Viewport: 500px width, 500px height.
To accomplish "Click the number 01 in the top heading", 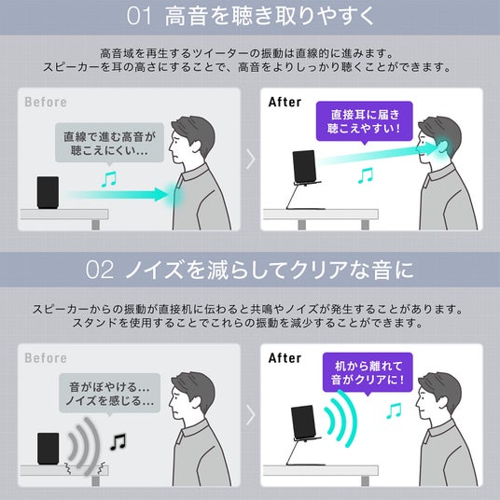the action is point(139,16).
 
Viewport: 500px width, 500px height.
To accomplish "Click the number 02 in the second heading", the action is point(99,270).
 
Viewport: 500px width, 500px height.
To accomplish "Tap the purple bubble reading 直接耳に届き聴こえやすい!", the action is point(365,121).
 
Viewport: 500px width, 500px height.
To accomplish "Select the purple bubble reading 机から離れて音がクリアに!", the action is point(368,373).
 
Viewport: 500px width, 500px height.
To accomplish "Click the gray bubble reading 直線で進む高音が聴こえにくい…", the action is point(109,144).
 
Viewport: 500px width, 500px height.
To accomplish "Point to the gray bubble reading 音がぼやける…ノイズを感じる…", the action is point(109,394).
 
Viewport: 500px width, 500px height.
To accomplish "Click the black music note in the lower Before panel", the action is point(118,441).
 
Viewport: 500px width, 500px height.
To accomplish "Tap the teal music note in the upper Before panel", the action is point(109,179).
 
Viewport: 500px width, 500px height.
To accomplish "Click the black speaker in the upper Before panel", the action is point(48,192).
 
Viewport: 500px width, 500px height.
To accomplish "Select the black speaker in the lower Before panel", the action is point(49,449).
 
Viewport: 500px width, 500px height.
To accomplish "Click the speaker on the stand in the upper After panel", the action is point(304,167).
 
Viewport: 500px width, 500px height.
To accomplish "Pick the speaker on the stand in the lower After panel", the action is point(303,423).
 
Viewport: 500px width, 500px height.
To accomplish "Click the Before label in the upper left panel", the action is point(46,102).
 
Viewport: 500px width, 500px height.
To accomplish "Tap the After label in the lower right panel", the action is point(285,358).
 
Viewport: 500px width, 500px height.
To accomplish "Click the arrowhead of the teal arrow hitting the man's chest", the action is point(161,194).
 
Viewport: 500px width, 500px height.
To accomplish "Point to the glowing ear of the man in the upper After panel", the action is point(442,147).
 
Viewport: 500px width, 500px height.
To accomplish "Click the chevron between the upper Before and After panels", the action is point(251,160).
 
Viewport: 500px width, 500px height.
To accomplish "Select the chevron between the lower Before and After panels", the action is point(251,415).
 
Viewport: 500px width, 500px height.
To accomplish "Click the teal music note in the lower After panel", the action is point(394,410).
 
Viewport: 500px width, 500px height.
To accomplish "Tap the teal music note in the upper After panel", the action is point(366,175).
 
